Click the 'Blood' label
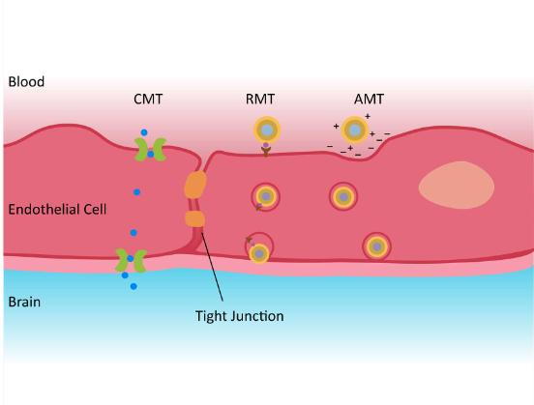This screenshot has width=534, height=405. click(26, 82)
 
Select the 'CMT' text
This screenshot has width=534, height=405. click(150, 99)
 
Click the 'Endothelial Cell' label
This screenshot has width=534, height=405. click(57, 209)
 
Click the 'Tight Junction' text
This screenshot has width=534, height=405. click(239, 315)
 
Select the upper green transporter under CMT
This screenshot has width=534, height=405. click(149, 148)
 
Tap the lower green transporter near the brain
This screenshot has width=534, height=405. click(131, 260)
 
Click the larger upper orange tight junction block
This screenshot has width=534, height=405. click(195, 184)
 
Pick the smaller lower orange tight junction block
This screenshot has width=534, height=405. click(195, 220)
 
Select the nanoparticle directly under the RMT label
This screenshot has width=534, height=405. click(266, 129)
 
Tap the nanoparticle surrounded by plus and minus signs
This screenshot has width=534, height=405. click(356, 129)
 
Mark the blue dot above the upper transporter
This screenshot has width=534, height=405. click(143, 131)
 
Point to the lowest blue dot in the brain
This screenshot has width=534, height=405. click(133, 287)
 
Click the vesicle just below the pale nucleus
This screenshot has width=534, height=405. click(376, 246)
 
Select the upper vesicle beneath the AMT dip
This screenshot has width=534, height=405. click(343, 197)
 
